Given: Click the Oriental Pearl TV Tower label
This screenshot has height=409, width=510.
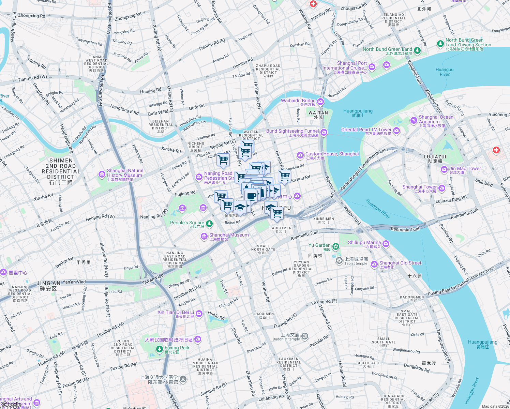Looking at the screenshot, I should pyautogui.click(x=366, y=130).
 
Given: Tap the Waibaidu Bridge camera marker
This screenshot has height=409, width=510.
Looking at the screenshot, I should pyautogui.click(x=320, y=102).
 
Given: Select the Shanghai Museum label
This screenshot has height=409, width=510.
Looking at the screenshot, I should pyautogui.click(x=229, y=235).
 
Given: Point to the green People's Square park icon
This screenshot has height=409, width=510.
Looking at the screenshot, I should pyautogui.click(x=209, y=224).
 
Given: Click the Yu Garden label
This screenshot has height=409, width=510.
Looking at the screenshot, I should pyautogui.click(x=319, y=245).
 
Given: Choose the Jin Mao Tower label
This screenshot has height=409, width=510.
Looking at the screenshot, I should pyautogui.click(x=465, y=169).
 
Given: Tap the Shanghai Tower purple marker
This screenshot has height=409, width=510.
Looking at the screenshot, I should pyautogui.click(x=442, y=188).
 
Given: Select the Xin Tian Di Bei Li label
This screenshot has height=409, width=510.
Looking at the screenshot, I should pyautogui.click(x=176, y=313).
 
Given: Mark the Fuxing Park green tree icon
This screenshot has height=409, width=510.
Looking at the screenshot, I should pyautogui.click(x=159, y=349).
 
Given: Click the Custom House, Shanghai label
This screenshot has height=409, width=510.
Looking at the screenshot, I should pyautogui.click(x=332, y=154).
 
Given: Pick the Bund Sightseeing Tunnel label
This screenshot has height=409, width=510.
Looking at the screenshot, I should pyautogui.click(x=292, y=131).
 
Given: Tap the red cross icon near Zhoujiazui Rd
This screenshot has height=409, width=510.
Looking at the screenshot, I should pyautogui.click(x=313, y=4).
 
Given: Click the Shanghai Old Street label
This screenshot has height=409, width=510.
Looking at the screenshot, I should pyautogui.click(x=400, y=263).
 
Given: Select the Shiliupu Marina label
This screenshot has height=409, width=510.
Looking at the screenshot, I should pyautogui.click(x=364, y=243).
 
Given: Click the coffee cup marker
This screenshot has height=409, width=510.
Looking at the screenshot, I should pyautogui.click(x=251, y=196).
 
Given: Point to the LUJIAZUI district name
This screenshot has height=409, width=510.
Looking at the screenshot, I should pyautogui.click(x=435, y=157).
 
